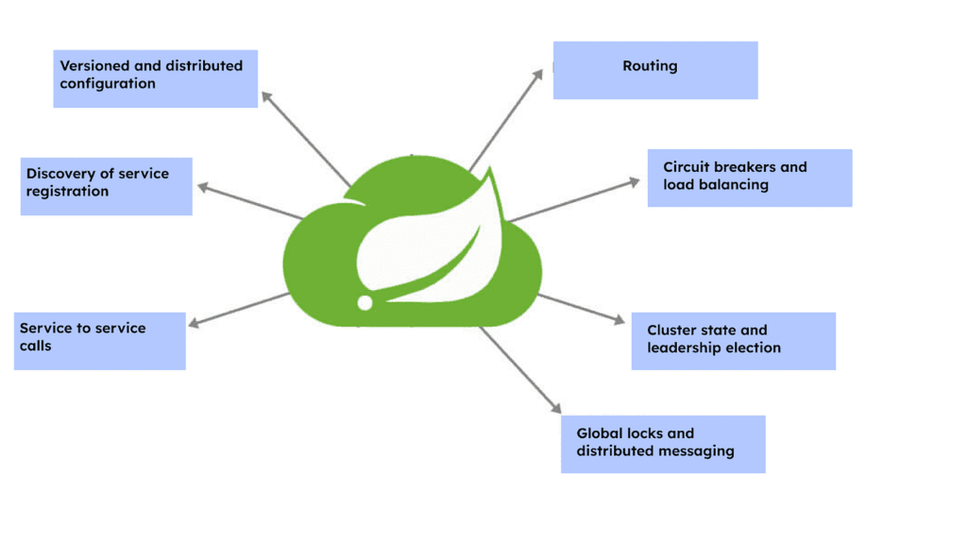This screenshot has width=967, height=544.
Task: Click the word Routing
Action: point(650,66)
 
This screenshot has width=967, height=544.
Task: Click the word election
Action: point(750,348)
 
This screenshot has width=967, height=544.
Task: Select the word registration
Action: point(67,192)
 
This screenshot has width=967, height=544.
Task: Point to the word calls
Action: point(36,347)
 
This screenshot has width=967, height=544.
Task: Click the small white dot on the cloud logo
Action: point(365,302)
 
